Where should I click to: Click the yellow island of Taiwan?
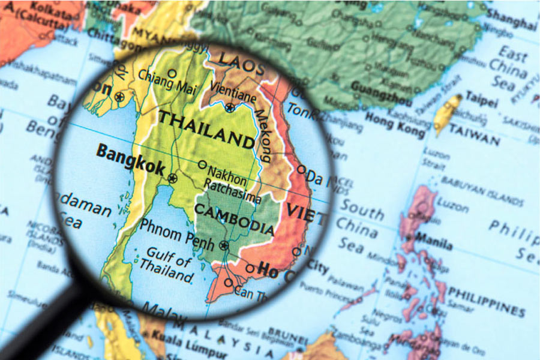(446, 113)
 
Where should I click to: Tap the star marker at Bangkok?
(173, 178)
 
